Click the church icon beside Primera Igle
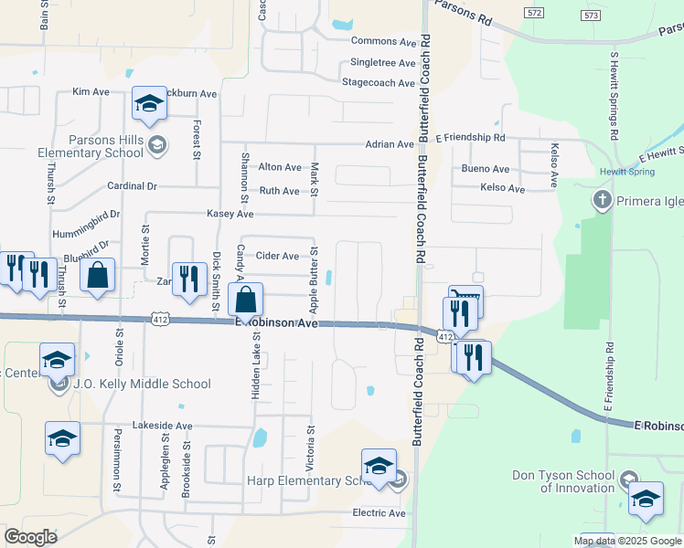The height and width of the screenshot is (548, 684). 602,199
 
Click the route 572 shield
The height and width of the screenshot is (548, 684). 535,12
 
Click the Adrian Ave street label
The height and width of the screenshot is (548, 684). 390,144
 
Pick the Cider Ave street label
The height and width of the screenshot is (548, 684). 277,256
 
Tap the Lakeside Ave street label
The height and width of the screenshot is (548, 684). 163,426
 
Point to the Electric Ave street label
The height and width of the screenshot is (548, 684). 379,513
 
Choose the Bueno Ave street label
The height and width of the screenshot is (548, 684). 486,169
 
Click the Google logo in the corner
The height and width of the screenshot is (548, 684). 30,537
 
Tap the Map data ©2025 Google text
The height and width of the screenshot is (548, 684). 628,541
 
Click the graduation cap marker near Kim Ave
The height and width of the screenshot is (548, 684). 149,105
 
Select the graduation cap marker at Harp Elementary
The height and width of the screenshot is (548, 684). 379,467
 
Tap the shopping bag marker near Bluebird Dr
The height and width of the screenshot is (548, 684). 98,275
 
